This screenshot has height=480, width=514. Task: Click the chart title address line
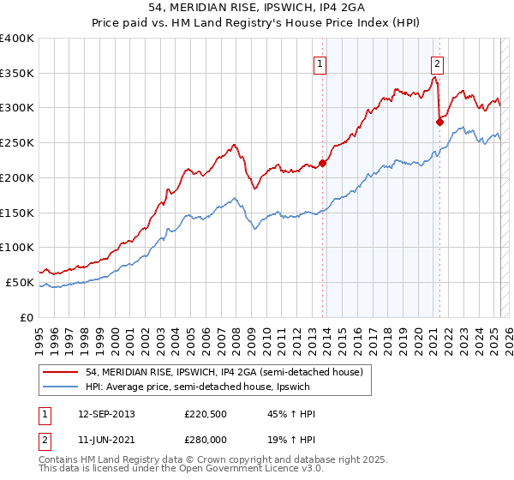click(x=256, y=9)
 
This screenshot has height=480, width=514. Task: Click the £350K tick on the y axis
click(x=17, y=73)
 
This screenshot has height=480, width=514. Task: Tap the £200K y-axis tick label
click(x=17, y=177)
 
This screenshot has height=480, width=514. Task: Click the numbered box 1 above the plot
click(x=320, y=62)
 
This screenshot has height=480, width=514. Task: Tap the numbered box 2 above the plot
click(x=437, y=62)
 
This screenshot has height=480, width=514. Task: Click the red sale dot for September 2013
click(x=323, y=163)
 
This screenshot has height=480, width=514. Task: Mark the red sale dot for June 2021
click(x=439, y=122)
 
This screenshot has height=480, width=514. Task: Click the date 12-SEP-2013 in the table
click(x=106, y=414)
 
